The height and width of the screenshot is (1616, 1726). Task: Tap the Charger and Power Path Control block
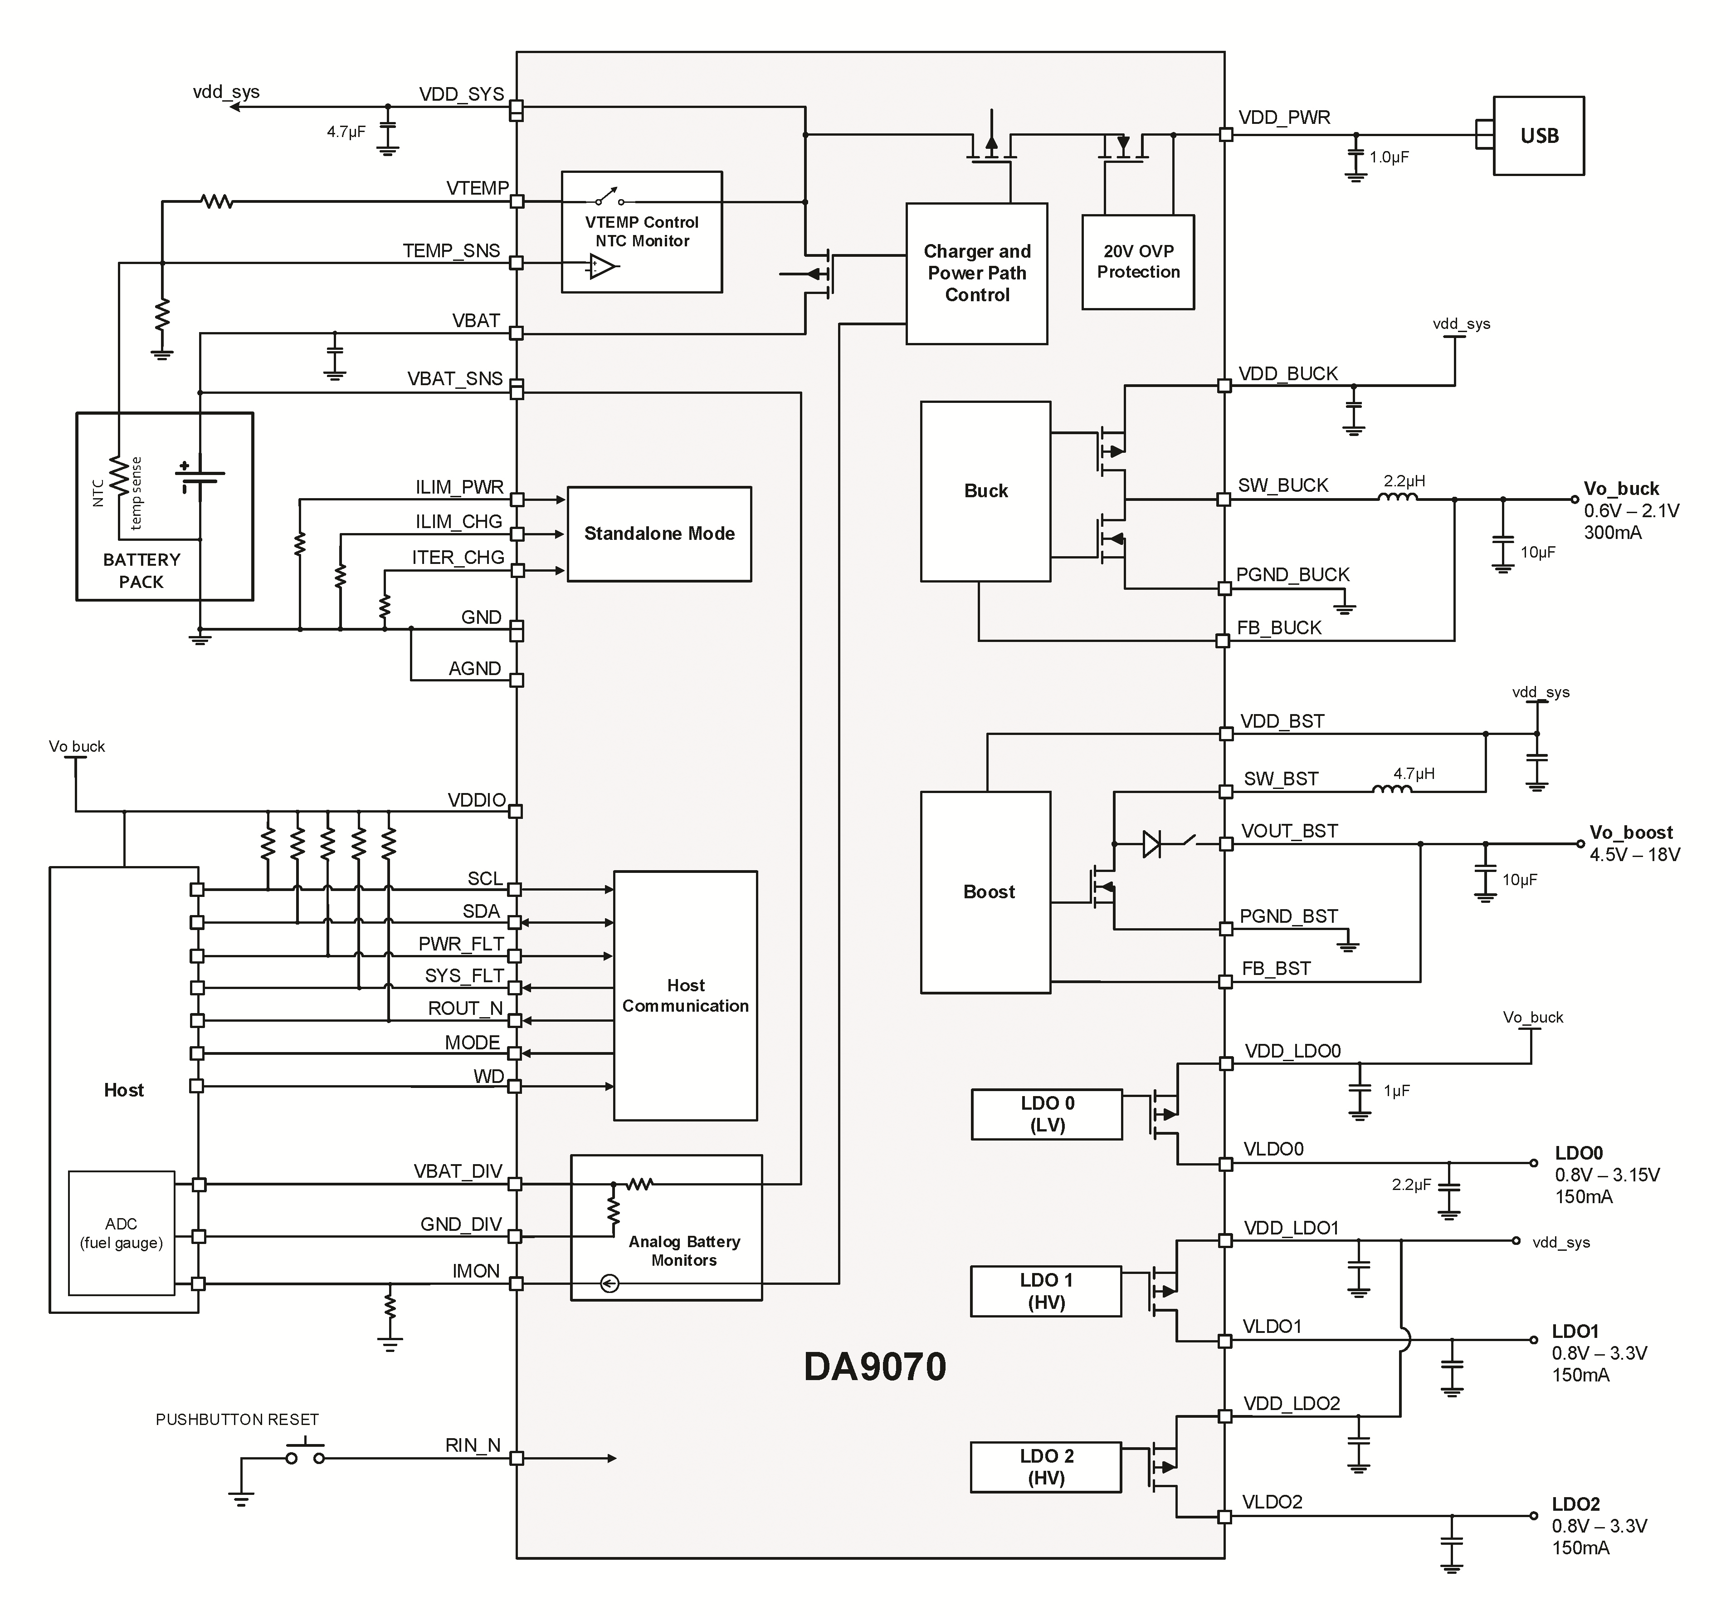(977, 274)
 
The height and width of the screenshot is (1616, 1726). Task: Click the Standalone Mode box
(659, 534)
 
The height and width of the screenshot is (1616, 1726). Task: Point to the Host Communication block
(685, 996)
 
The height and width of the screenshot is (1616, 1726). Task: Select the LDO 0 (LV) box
(1047, 1114)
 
